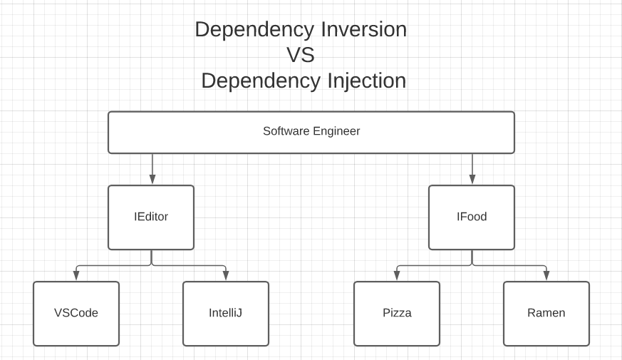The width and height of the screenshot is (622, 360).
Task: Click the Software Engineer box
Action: [311, 132]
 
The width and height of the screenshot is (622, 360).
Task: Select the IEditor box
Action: [151, 217]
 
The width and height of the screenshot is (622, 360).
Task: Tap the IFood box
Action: [472, 217]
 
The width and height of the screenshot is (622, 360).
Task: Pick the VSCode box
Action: [76, 314]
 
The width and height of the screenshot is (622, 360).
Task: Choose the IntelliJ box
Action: [226, 314]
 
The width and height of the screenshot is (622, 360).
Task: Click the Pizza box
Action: [397, 314]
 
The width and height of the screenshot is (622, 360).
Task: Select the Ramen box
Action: [546, 314]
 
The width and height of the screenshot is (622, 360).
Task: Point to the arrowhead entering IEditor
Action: [151, 180]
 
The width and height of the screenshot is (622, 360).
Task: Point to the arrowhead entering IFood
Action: [472, 180]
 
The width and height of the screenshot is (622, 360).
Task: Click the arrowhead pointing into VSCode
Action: [76, 276]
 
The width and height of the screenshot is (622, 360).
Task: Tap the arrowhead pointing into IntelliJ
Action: [226, 276]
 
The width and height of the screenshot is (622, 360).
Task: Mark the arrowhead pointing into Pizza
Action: [397, 276]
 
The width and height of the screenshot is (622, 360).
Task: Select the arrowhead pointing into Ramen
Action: [546, 276]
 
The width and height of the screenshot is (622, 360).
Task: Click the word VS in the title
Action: [300, 55]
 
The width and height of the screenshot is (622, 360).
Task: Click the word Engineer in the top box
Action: [336, 131]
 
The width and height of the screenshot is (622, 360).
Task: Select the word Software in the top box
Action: [286, 131]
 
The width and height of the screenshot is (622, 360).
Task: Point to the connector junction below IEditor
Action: [151, 265]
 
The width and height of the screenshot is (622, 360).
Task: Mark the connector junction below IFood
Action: [472, 265]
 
